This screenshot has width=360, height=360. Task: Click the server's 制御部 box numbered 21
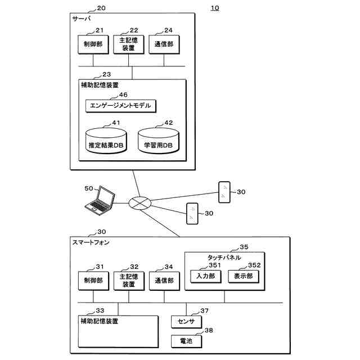[x=92, y=44]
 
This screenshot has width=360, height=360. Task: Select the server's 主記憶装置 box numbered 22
[x=127, y=44]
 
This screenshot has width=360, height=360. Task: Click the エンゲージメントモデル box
[x=120, y=105]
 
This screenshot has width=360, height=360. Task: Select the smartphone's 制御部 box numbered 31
[x=92, y=281]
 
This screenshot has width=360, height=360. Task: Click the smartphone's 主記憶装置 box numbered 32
[x=127, y=281]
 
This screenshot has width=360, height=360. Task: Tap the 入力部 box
[x=206, y=276]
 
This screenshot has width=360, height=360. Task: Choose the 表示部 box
[x=243, y=276]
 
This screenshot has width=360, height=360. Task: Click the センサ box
[x=186, y=322]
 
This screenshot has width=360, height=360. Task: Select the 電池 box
[x=186, y=341]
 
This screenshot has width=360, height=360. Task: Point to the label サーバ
[x=82, y=19]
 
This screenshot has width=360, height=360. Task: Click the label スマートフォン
[x=91, y=242]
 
